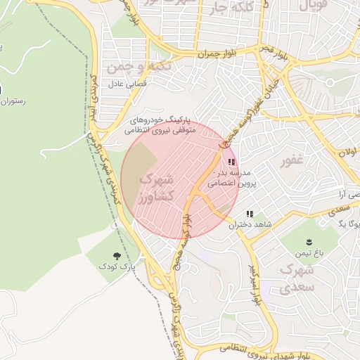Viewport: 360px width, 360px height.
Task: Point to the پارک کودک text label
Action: point(117,268)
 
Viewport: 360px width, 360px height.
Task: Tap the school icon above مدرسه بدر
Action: point(232,162)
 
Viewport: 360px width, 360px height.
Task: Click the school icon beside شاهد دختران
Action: point(250,214)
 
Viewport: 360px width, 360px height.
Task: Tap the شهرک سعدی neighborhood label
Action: point(295,278)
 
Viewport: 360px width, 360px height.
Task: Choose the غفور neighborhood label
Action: point(291,160)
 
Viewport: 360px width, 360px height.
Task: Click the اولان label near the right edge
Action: point(347,152)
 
